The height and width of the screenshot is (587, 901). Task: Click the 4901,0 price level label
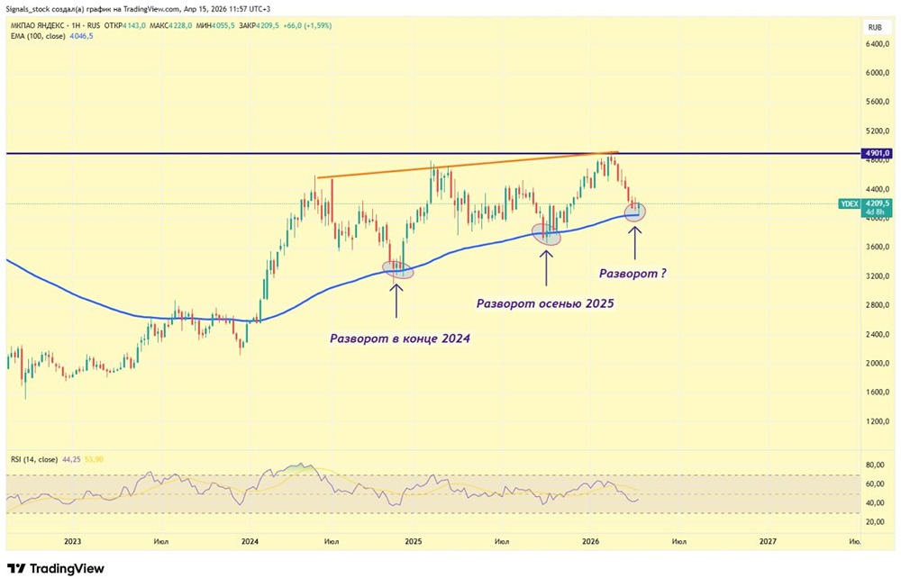[877, 153]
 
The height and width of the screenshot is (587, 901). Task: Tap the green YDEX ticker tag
[849, 204]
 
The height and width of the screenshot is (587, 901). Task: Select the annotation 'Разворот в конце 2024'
[400, 339]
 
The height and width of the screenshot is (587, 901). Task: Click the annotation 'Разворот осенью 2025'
[545, 303]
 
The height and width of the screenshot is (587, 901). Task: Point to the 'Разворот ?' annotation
[633, 272]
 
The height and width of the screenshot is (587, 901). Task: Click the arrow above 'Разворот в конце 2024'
[396, 298]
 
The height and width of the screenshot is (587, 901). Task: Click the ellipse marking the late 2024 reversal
[397, 268]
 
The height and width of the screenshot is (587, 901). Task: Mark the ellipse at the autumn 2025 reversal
[546, 235]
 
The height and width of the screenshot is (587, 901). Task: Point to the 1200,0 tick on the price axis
[877, 421]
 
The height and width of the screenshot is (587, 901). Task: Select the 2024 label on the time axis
[250, 541]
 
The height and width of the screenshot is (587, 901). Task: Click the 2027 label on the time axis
[768, 541]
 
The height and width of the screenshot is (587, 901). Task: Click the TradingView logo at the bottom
[56, 569]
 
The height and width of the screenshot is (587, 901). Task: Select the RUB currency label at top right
[874, 28]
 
